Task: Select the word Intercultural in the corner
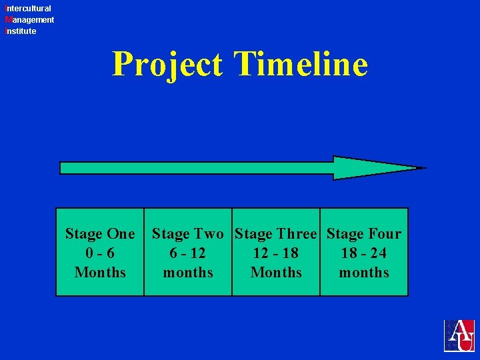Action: tap(28, 9)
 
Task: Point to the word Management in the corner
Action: tap(29, 20)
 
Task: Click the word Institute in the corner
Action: tap(21, 31)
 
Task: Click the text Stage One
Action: tap(100, 234)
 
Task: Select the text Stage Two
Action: tap(188, 234)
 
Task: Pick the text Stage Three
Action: tap(276, 234)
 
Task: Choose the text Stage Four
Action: tap(364, 234)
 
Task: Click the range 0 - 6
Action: tap(100, 253)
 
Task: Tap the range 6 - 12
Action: tap(188, 253)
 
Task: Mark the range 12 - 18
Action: tap(276, 253)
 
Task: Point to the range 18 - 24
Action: tap(364, 253)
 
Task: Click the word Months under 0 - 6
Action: tap(100, 273)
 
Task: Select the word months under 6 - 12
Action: tap(188, 273)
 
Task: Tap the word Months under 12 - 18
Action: tap(276, 273)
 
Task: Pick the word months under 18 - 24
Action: tap(364, 273)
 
